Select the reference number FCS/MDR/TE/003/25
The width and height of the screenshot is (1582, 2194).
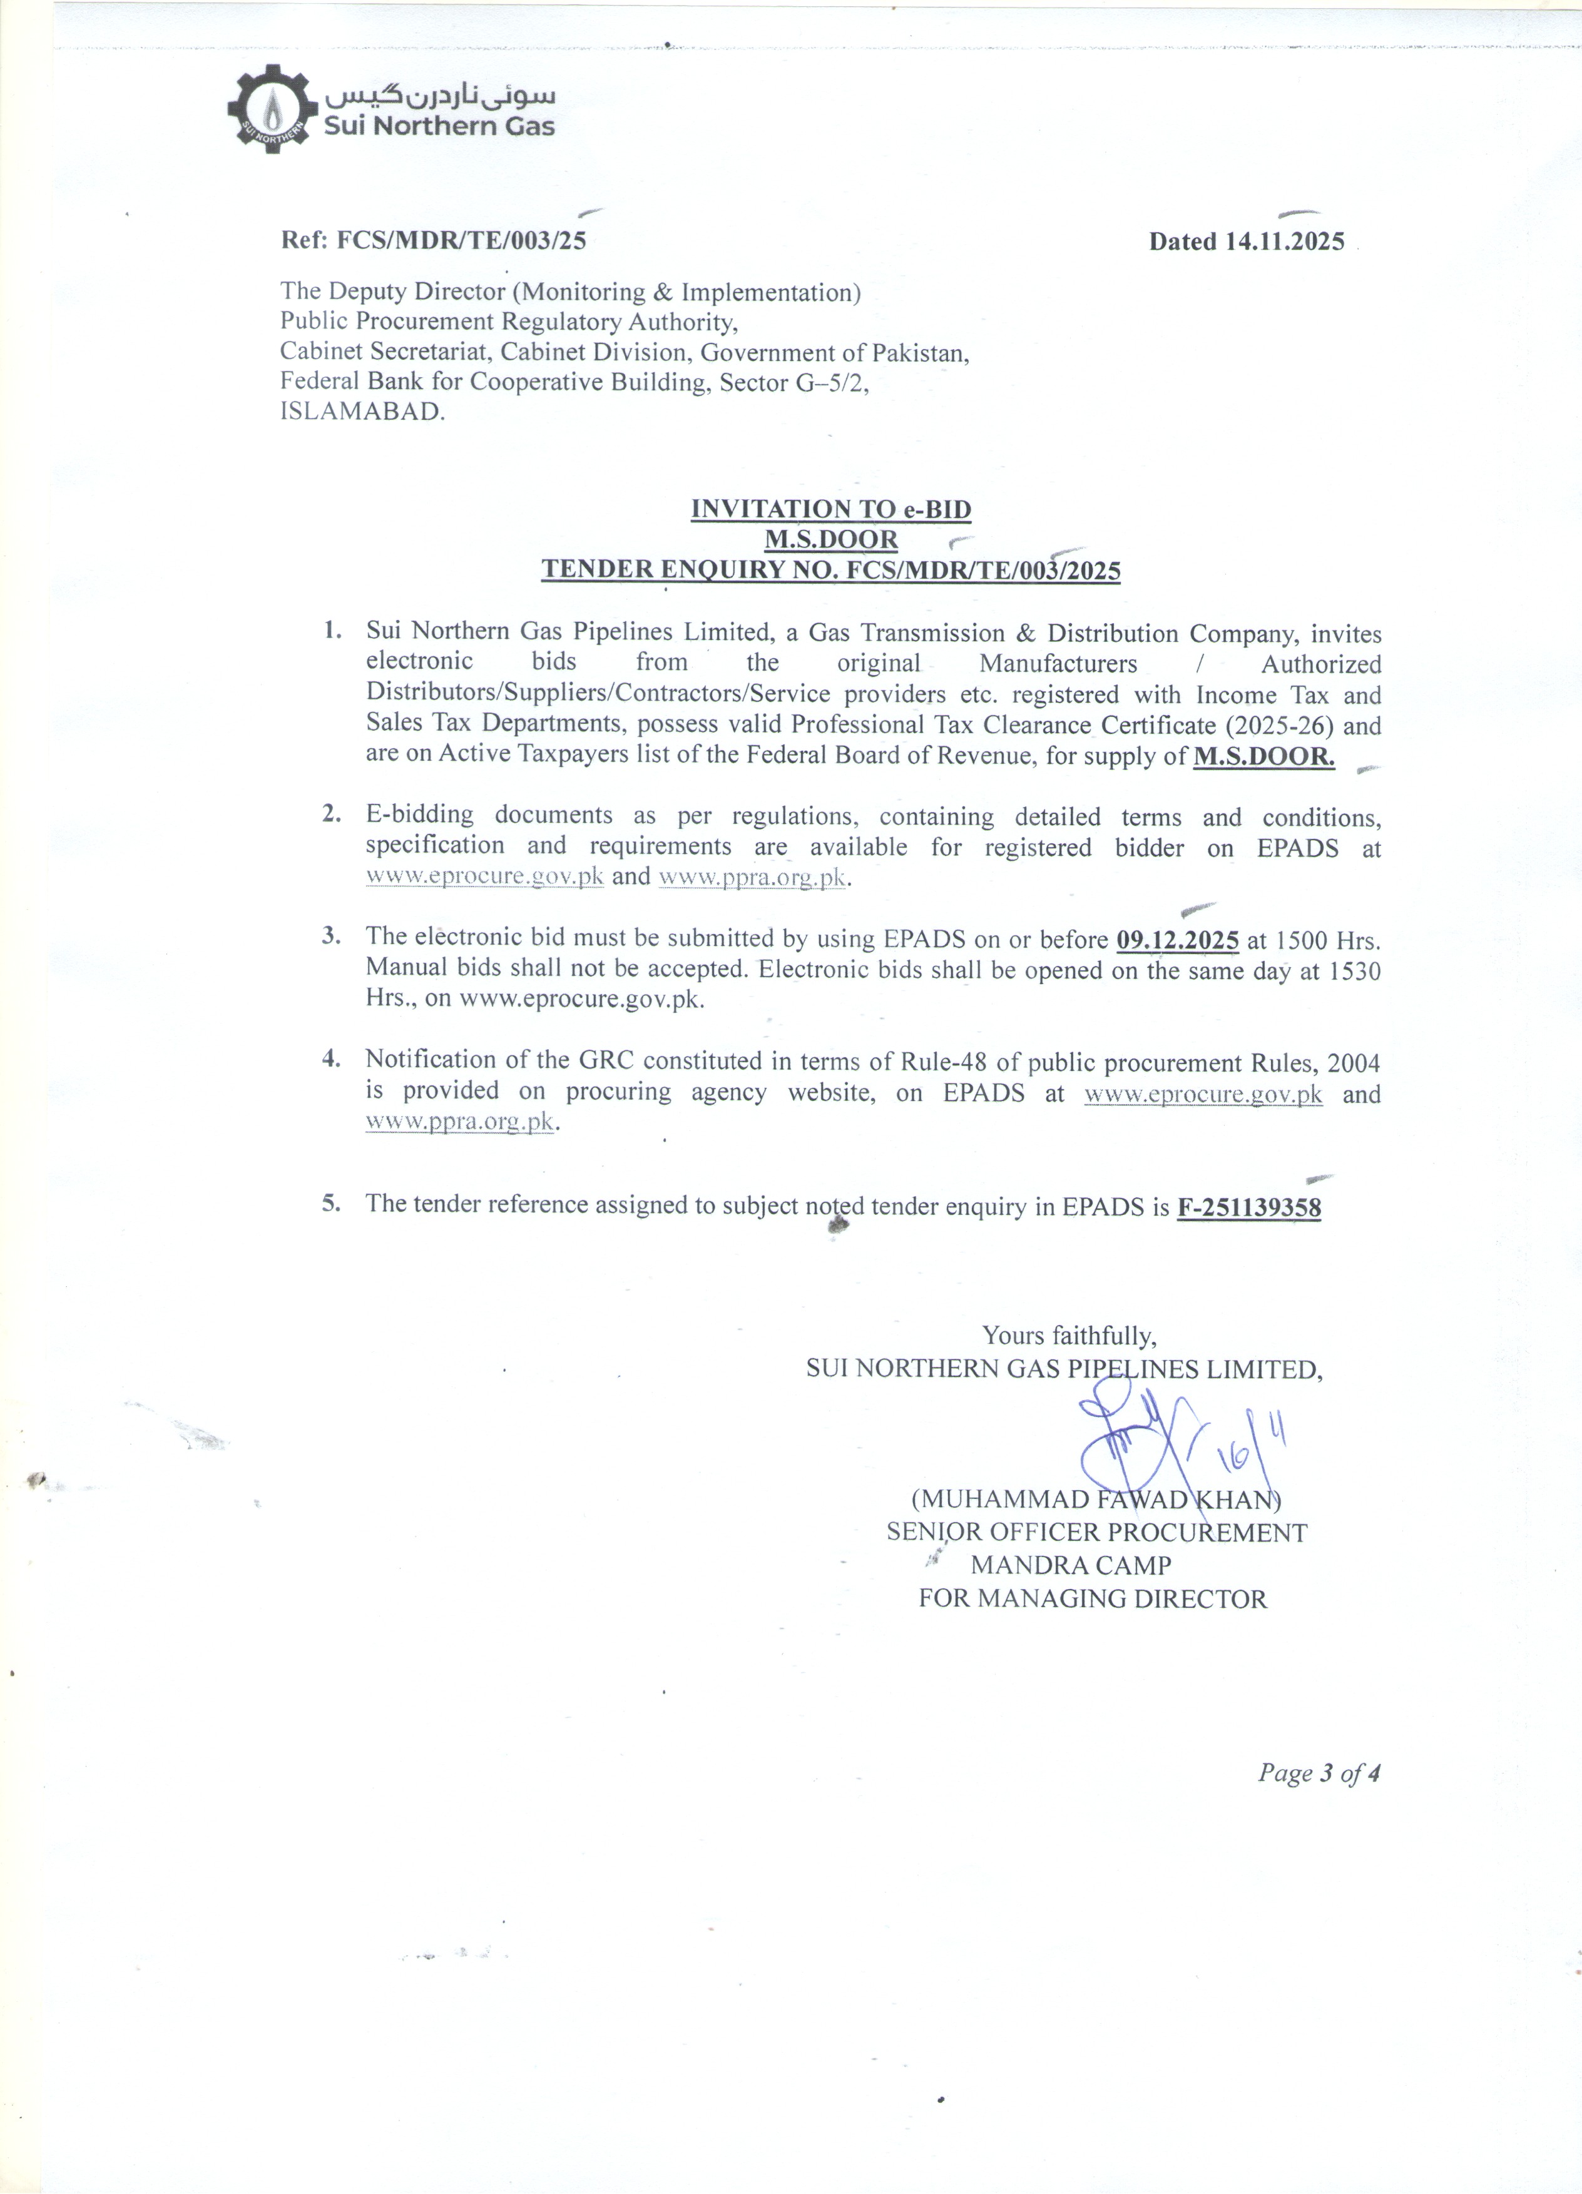[x=461, y=240]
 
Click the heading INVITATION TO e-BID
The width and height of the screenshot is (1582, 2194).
[x=830, y=509]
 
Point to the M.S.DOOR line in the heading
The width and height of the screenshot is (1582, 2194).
[x=831, y=539]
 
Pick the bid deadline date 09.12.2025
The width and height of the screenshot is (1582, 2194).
[x=1178, y=939]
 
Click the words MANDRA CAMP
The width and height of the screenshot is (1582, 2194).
[x=1071, y=1564]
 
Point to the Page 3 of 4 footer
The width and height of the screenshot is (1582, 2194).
[x=1318, y=1773]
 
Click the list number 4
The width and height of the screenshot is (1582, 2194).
[x=332, y=1059]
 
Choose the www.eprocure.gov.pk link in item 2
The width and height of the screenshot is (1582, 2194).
[x=485, y=876]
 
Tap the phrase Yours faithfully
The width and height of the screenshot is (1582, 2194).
[x=1069, y=1336]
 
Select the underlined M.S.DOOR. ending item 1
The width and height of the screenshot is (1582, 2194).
[x=1263, y=756]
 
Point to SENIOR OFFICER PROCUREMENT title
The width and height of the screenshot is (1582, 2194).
[x=1096, y=1532]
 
